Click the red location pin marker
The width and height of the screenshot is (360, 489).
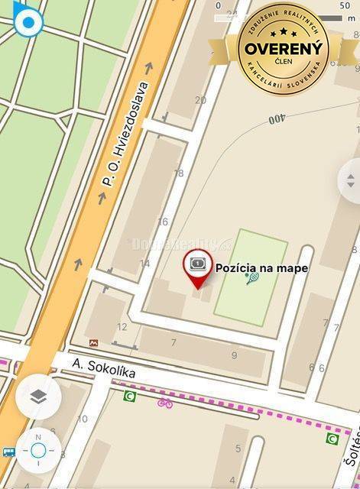click(198, 270)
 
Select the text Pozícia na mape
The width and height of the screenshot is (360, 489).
click(262, 267)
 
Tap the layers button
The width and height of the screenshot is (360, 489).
click(38, 396)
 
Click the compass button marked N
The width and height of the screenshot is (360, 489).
click(38, 450)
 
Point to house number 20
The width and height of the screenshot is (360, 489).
click(200, 100)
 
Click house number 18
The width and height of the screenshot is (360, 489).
click(179, 173)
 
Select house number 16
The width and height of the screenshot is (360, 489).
click(162, 222)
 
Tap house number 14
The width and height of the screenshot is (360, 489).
click(144, 264)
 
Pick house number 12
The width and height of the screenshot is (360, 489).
click(122, 327)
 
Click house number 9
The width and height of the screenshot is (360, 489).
click(234, 355)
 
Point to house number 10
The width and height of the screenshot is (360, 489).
click(83, 418)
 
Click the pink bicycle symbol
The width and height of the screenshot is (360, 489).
click(165, 403)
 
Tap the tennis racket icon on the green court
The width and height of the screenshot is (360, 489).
click(252, 279)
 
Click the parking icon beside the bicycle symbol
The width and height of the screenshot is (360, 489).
click(128, 396)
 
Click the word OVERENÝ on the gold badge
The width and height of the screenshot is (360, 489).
click(284, 48)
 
